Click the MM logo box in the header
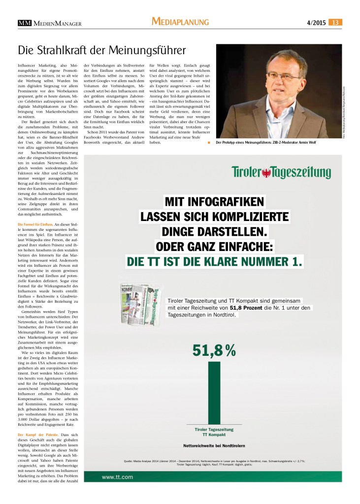[24, 22]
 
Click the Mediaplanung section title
[180, 22]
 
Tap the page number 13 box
[336, 22]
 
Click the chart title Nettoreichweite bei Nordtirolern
[214, 445]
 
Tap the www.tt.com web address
[117, 476]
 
